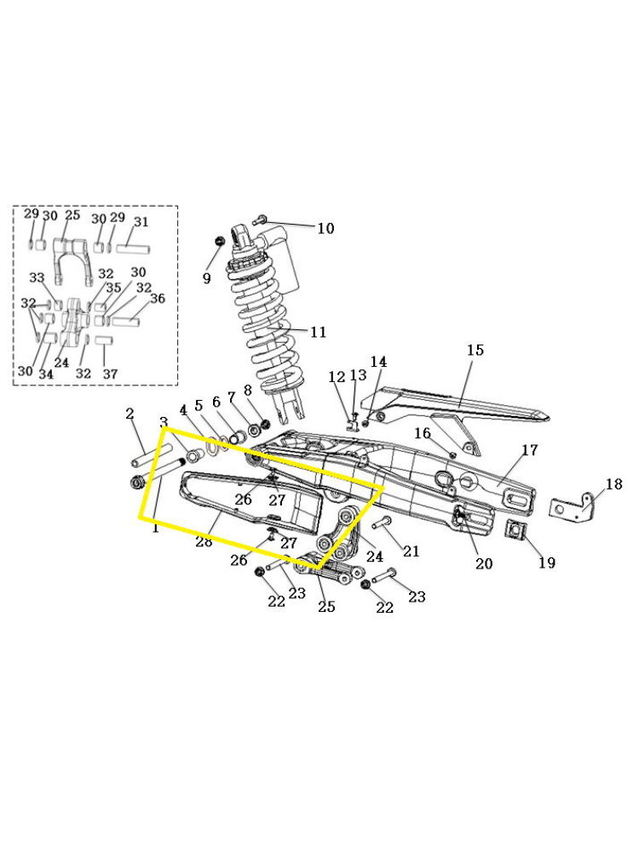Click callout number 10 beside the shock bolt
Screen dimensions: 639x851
325,228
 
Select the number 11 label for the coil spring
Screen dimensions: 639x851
318,332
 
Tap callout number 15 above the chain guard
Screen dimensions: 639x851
475,350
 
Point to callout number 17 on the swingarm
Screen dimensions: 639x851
529,450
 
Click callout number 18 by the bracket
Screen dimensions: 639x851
613,483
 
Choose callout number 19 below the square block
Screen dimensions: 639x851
547,563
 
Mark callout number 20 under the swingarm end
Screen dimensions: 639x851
484,564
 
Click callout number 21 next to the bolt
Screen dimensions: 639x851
412,551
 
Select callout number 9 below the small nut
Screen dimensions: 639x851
206,278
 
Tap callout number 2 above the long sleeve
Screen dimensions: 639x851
130,414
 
